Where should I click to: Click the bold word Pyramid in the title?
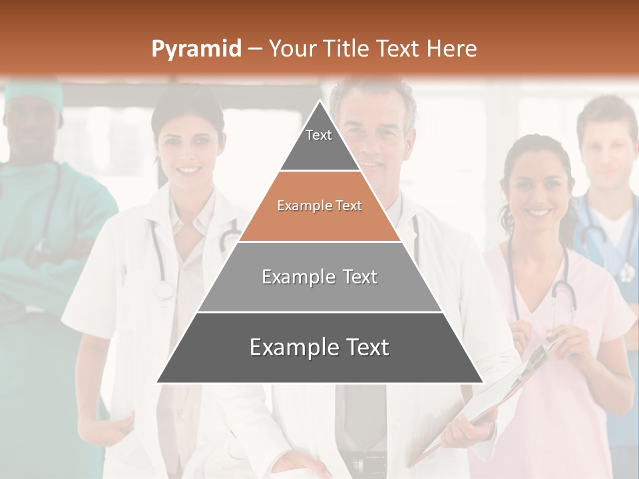click(196, 49)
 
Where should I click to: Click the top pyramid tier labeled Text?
click(319, 140)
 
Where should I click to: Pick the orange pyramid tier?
click(319, 206)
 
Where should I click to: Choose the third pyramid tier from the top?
click(319, 277)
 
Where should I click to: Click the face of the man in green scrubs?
click(30, 130)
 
